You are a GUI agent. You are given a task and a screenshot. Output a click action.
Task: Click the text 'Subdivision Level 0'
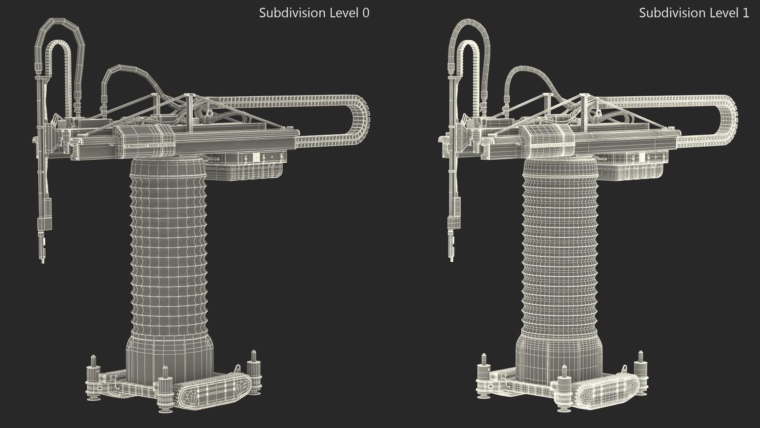[x=314, y=13]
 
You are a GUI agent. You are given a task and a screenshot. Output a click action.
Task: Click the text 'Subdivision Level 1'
[x=693, y=13]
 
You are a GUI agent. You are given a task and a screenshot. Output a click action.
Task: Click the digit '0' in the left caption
[x=366, y=13]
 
